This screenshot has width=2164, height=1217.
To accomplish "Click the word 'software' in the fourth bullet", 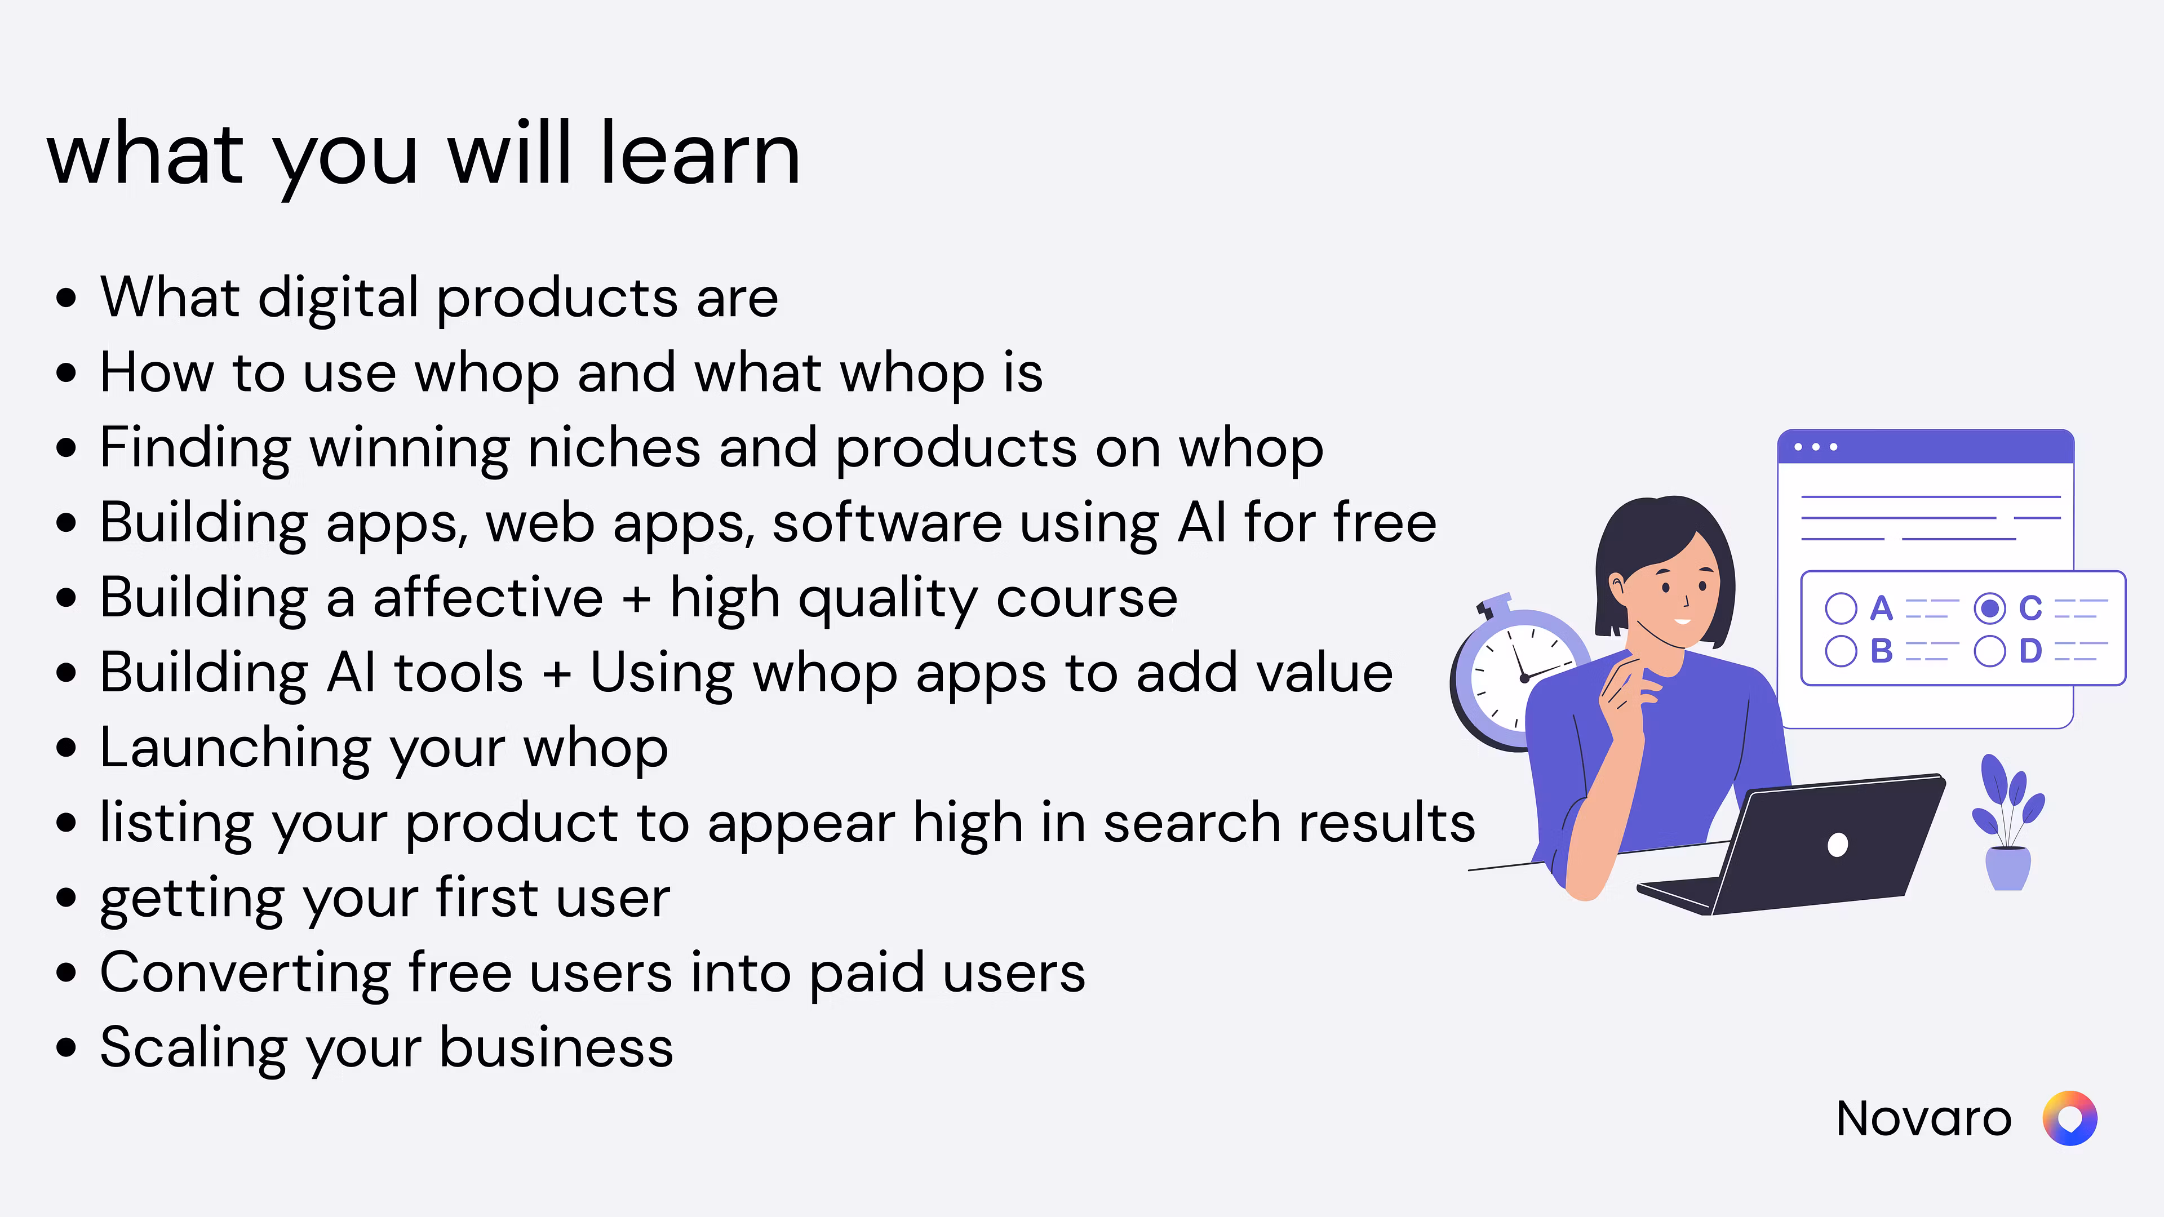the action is point(886,522).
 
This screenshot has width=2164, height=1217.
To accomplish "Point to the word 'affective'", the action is point(487,597).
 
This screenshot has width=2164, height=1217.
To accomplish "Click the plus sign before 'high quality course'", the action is point(636,599).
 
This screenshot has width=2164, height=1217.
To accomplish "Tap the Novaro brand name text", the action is point(1924,1119).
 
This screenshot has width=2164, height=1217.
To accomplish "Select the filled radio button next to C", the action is point(1989,608).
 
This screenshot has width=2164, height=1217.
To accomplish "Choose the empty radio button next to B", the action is point(1841,651).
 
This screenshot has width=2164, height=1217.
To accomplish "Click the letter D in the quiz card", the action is point(2030,651).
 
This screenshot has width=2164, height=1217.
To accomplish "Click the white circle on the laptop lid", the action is point(1837,844).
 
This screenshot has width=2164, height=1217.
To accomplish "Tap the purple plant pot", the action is point(2008,868).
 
